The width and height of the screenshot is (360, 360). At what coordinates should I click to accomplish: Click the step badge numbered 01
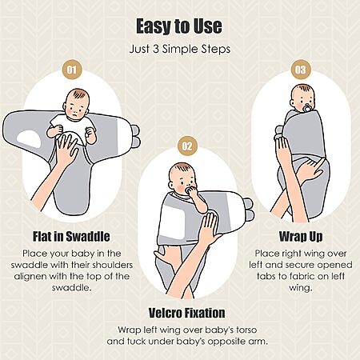coord(72,70)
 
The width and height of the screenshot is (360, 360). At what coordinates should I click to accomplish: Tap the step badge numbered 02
coord(187,146)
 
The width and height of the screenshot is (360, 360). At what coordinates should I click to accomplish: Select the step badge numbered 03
coord(300,70)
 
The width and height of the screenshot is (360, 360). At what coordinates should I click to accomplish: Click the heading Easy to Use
coord(179,26)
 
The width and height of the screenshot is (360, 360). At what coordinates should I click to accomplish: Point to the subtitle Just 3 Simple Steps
coord(180,50)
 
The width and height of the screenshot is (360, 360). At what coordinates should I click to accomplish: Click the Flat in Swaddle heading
coord(71,237)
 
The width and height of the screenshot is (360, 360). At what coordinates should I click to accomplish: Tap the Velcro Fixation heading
coord(186,313)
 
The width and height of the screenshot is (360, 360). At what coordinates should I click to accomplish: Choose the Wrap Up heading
coord(301,237)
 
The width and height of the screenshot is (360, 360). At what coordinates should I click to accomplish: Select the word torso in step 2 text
coord(246,330)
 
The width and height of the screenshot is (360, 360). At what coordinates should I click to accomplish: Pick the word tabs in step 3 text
coord(266,276)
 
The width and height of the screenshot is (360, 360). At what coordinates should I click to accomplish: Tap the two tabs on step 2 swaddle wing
coord(249,210)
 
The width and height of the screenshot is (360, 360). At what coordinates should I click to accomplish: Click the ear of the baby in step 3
coord(293,103)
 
